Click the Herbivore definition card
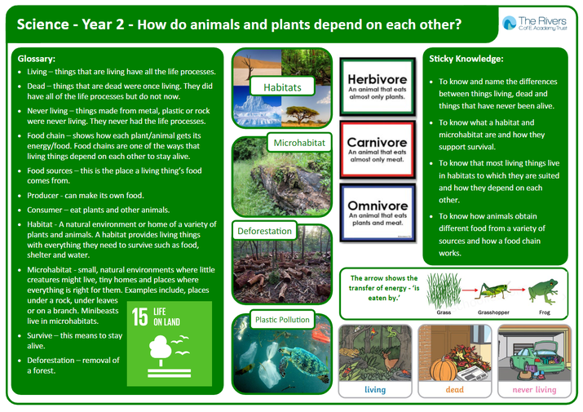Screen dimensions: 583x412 coord(378,86)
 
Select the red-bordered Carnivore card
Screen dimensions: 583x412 coord(378,149)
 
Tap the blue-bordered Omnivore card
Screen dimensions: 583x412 coord(378,213)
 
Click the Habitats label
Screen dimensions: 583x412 coord(283,87)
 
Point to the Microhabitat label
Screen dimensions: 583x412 coord(299,143)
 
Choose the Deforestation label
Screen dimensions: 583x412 coord(264,231)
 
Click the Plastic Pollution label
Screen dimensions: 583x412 coord(282,319)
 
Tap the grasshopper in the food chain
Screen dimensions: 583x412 coord(493,290)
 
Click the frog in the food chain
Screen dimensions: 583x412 coord(544,291)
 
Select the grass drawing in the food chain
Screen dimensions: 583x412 coord(444,290)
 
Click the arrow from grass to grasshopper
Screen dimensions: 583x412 coord(470,290)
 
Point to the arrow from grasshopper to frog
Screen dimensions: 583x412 coord(518,289)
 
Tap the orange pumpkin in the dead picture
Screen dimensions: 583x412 coord(444,369)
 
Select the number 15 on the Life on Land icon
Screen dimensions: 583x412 coord(139,317)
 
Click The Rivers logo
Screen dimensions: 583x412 coord(535,23)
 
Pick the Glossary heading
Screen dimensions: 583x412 coord(37,59)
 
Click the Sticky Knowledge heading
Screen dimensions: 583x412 coord(466,59)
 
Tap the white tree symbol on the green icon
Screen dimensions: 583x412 coord(161,349)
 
